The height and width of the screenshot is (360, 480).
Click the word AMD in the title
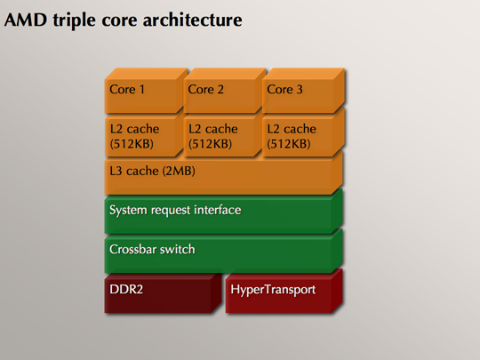26,20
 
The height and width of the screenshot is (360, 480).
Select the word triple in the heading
74,21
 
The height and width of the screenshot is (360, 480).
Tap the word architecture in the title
193,20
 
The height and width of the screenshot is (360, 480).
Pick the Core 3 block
304,91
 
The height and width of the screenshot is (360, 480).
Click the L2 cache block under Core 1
144,135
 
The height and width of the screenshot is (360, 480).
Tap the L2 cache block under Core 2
222,135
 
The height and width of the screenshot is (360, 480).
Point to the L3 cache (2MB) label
152,171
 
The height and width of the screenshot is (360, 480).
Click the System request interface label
175,211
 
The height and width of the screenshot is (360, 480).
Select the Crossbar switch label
152,249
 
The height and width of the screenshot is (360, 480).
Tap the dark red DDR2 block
163,293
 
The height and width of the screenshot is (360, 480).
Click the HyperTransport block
284,292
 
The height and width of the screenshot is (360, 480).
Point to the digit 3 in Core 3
300,90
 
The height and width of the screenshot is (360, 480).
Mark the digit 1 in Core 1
142,90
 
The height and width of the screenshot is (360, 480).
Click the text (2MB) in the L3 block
179,171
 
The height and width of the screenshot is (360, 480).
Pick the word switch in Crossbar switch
177,249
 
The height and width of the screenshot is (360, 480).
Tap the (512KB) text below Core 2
210,144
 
